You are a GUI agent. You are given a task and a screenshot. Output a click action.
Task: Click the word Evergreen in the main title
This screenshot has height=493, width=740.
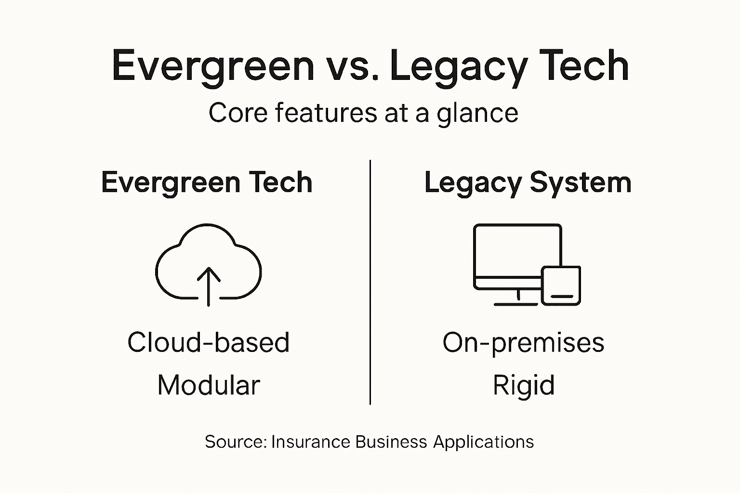[212, 66]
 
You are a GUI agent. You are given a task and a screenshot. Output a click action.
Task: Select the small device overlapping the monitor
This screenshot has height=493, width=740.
[561, 285]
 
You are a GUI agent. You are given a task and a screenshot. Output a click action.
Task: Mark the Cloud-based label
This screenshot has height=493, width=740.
[208, 342]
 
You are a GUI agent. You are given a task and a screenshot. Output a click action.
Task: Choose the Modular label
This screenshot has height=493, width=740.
[208, 385]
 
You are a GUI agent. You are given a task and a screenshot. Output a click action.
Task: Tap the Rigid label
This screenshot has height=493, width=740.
[523, 386]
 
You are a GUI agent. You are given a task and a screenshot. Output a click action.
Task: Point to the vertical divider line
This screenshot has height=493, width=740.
[370, 282]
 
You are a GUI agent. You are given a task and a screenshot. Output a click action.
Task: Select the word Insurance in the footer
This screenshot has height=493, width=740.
[311, 442]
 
